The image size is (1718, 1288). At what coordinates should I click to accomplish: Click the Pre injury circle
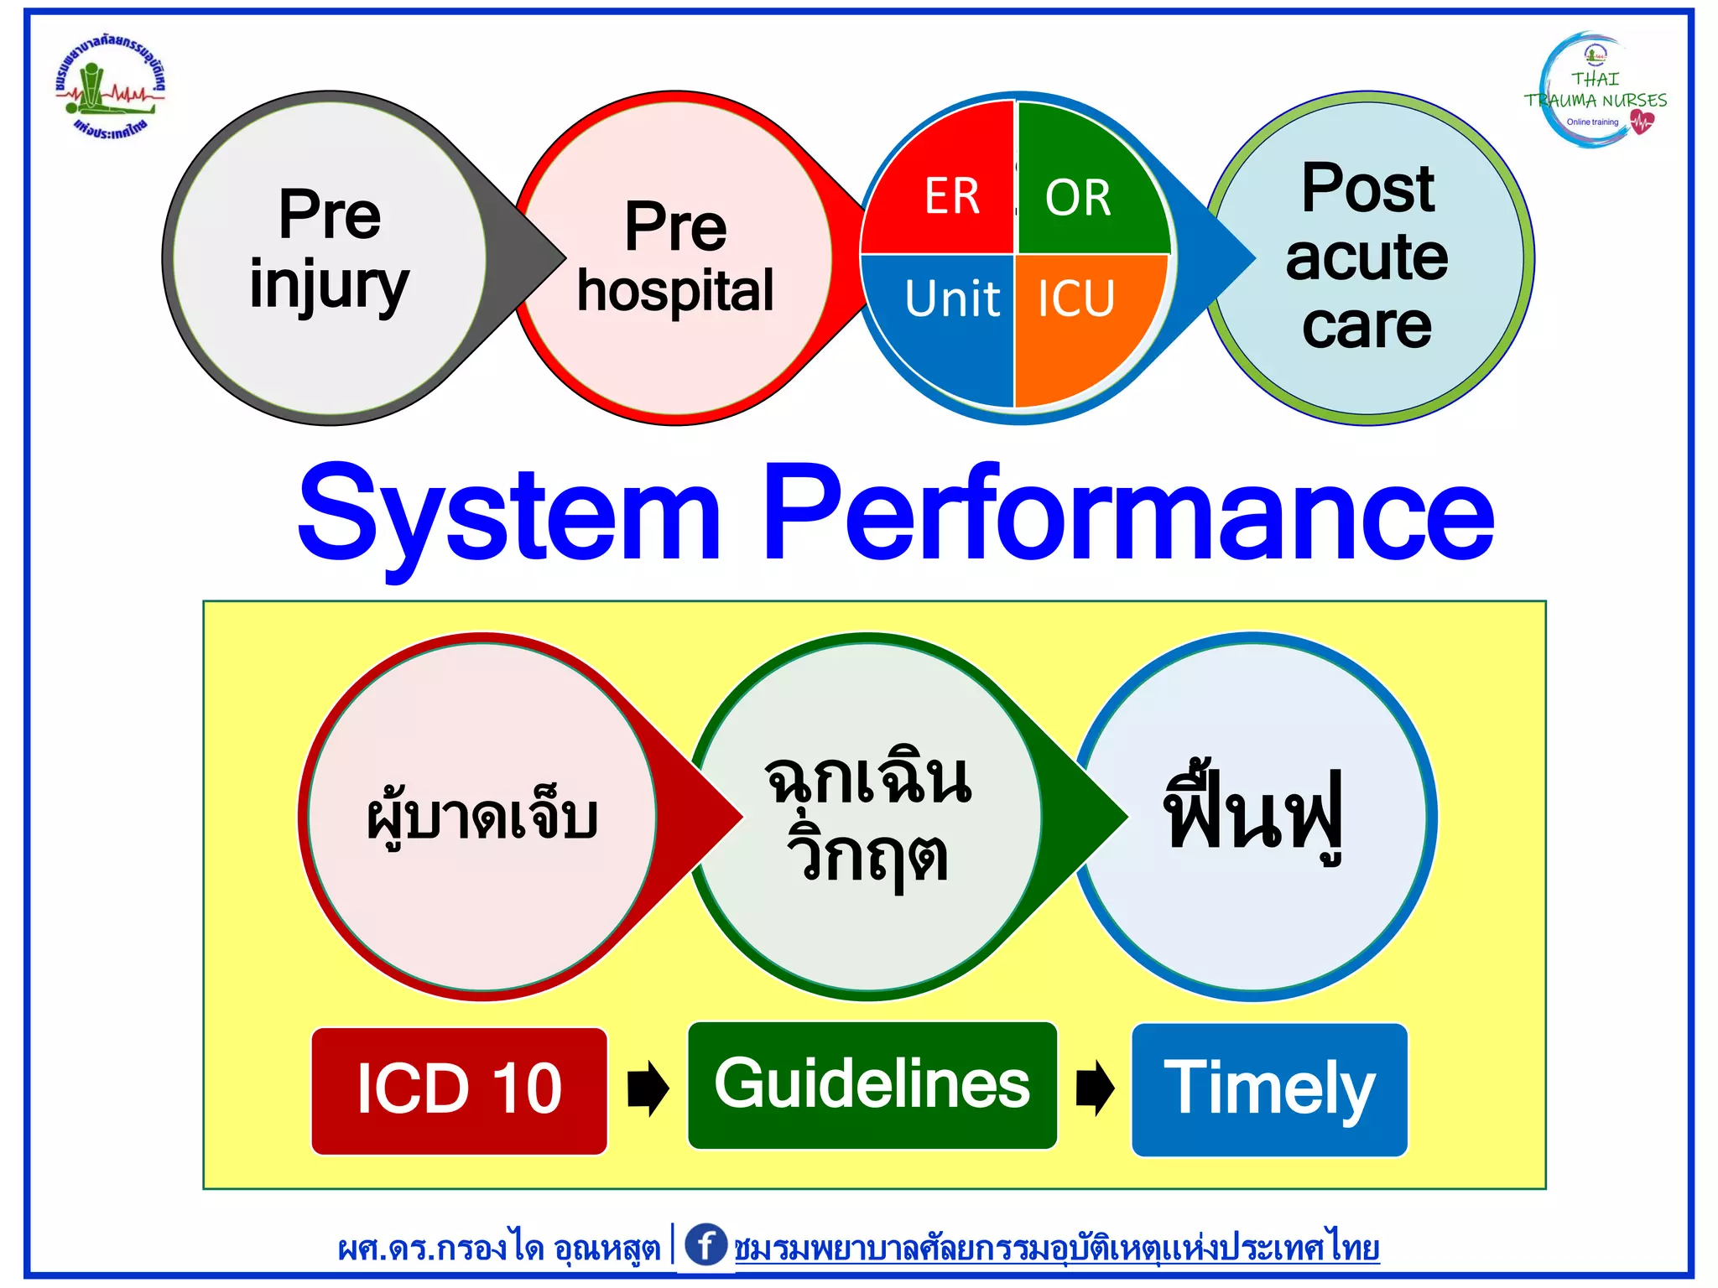(329, 256)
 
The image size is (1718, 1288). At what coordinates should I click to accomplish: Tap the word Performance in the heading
(1128, 513)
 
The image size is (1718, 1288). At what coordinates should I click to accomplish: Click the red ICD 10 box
(459, 1090)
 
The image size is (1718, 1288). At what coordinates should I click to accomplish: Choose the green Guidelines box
(872, 1085)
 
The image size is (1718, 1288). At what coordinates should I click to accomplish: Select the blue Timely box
(1269, 1088)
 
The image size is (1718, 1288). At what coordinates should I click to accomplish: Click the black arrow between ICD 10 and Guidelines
(648, 1088)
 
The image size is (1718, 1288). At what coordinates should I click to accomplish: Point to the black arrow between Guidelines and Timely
(1095, 1088)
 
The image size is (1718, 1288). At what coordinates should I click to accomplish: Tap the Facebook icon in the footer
(705, 1244)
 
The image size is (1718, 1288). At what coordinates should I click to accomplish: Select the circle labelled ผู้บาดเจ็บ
(482, 817)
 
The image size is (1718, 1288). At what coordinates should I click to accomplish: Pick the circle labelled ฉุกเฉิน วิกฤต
(868, 817)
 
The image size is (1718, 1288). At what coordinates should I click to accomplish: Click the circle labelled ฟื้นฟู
(1254, 817)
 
